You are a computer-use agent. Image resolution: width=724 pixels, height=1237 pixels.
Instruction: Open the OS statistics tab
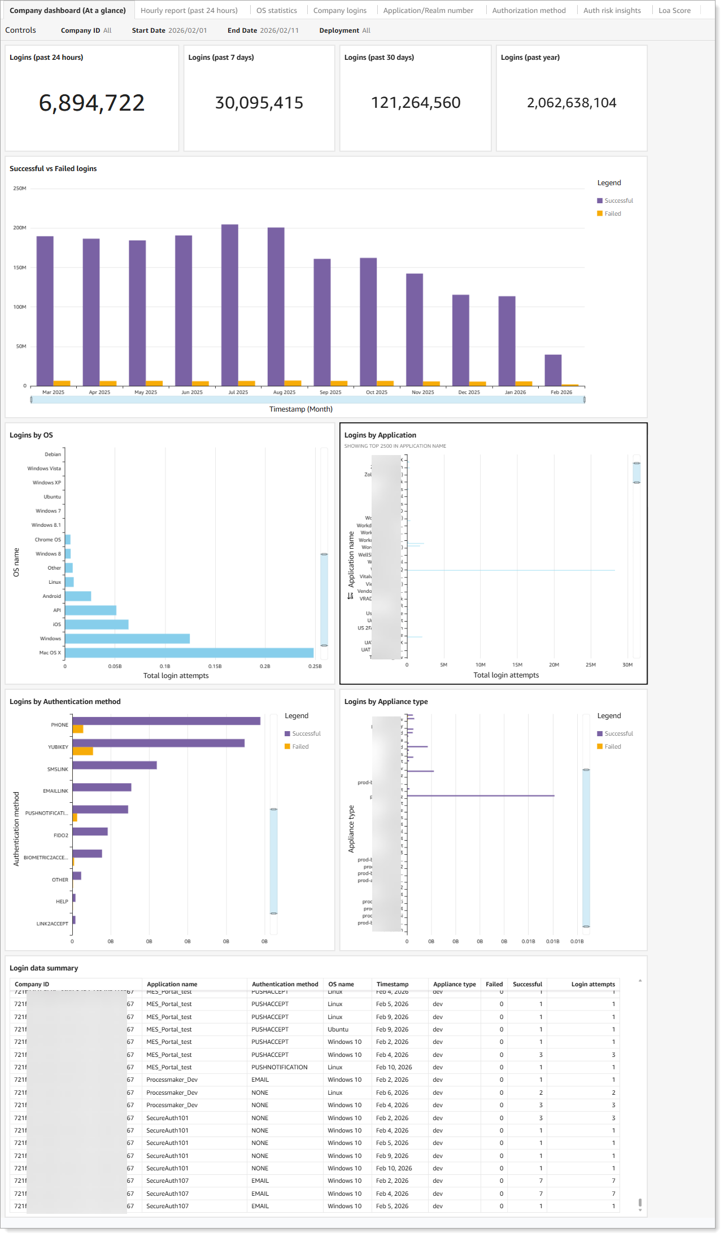pyautogui.click(x=276, y=10)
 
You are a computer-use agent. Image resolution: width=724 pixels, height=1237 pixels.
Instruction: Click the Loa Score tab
pyautogui.click(x=674, y=10)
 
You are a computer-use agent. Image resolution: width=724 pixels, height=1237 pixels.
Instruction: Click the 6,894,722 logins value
pyautogui.click(x=91, y=103)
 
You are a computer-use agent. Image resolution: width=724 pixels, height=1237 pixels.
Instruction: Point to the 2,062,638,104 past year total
pyautogui.click(x=571, y=103)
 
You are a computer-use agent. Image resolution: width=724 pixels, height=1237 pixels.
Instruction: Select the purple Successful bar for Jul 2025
pyautogui.click(x=229, y=305)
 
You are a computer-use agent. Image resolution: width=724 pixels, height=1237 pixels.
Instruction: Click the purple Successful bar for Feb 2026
pyautogui.click(x=552, y=370)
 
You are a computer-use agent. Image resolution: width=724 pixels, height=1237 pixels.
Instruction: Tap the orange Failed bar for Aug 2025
pyautogui.click(x=293, y=383)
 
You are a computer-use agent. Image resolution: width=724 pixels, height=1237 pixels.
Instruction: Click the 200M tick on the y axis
pyautogui.click(x=20, y=228)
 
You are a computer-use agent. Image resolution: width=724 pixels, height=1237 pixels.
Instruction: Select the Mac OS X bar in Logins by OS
pyautogui.click(x=189, y=653)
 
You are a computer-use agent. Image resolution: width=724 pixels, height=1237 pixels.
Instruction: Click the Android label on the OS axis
pyautogui.click(x=51, y=596)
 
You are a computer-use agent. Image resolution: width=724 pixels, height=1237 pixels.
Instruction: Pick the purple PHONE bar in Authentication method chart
pyautogui.click(x=166, y=721)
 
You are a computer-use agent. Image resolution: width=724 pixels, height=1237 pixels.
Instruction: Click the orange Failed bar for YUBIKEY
pyautogui.click(x=82, y=751)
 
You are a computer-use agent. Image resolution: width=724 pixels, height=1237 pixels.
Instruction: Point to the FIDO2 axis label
pyautogui.click(x=60, y=835)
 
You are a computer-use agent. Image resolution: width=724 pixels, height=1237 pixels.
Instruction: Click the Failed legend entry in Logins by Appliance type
pyautogui.click(x=612, y=746)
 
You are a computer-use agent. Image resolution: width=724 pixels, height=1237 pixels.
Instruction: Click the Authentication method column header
pyautogui.click(x=285, y=984)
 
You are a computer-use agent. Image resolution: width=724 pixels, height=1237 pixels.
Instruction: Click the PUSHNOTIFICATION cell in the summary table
pyautogui.click(x=279, y=1067)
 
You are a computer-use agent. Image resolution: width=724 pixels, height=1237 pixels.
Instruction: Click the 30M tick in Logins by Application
pyautogui.click(x=627, y=665)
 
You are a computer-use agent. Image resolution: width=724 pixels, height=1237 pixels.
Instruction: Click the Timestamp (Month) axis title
pyautogui.click(x=300, y=409)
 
